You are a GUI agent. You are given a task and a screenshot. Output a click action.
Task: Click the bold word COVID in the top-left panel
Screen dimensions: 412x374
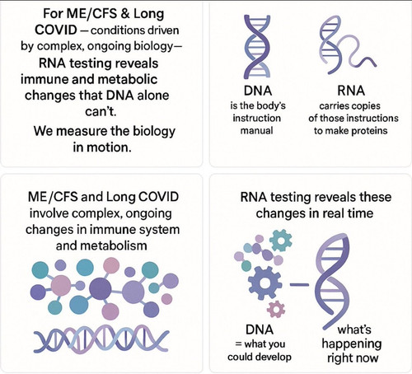point(56,30)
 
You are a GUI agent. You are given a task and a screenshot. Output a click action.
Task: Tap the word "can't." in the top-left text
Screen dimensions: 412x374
point(101,111)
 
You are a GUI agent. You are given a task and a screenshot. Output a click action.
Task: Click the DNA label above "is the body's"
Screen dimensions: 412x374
point(258,91)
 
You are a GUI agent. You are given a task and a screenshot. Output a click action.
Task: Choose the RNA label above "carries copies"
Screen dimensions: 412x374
point(351,91)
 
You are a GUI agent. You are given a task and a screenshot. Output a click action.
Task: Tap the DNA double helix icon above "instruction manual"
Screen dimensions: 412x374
point(257,47)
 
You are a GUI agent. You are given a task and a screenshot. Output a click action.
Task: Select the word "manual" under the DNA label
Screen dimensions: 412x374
point(256,130)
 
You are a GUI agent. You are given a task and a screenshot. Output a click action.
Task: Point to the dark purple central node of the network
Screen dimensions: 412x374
point(101,289)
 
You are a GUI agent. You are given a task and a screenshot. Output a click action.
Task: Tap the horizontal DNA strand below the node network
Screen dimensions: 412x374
point(101,338)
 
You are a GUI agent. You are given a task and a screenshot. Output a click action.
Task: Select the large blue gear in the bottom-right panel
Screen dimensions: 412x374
point(265,283)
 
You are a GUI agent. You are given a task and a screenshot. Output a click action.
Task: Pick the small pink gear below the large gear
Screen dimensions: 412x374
point(276,309)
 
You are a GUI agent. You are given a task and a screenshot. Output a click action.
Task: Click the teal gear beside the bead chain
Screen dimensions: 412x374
point(281,241)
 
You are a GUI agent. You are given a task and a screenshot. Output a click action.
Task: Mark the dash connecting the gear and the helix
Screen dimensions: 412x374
point(299,284)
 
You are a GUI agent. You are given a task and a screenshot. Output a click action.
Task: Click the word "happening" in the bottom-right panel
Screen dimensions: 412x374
point(352,344)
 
